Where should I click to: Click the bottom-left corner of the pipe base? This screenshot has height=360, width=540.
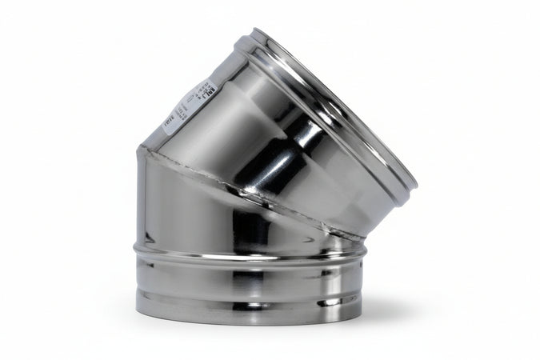pyautogui.click(x=138, y=310)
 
